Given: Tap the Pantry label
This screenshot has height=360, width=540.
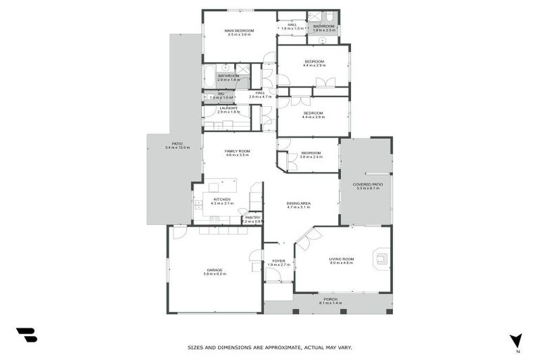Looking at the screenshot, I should coord(252,219).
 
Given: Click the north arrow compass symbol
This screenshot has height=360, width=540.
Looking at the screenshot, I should coord(517,342).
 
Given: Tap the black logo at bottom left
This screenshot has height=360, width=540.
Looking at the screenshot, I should coord(26,335).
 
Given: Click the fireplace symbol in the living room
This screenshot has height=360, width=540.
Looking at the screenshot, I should coord(381,258).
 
